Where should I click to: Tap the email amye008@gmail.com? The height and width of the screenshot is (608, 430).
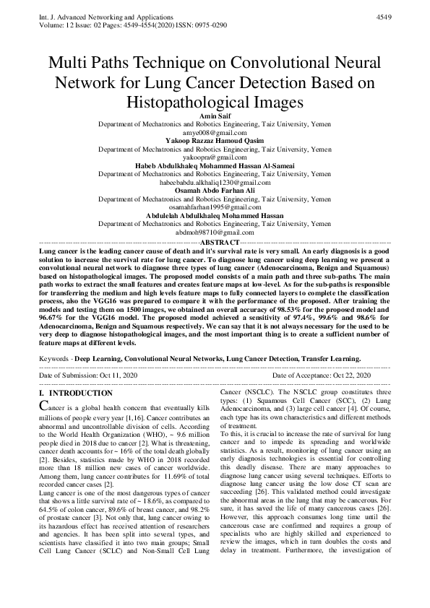tap(215, 133)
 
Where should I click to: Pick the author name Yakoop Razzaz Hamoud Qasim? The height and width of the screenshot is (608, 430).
tap(215, 140)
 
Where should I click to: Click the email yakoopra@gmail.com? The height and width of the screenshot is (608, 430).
tap(215, 157)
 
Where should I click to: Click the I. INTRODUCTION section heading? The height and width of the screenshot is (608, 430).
tap(75, 394)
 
